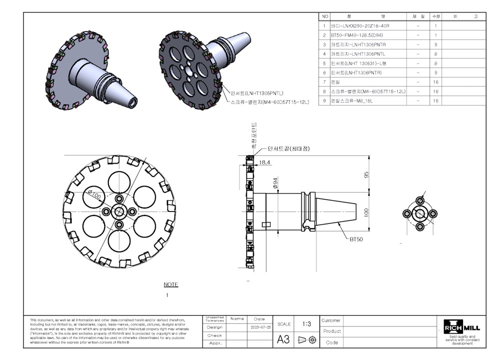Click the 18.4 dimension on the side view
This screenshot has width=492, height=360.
265,162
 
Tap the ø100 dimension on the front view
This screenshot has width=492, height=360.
95,193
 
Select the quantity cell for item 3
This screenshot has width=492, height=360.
435,44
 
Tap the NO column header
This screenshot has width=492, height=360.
325,16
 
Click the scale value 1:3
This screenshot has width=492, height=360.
307,323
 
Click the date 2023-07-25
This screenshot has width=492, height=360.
259,327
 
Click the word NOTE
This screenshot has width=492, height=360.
171,284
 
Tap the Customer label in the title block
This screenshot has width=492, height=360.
331,320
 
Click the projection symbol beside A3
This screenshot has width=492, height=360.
307,339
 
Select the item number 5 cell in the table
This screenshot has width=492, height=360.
325,63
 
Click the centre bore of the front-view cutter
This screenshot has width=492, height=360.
119,211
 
